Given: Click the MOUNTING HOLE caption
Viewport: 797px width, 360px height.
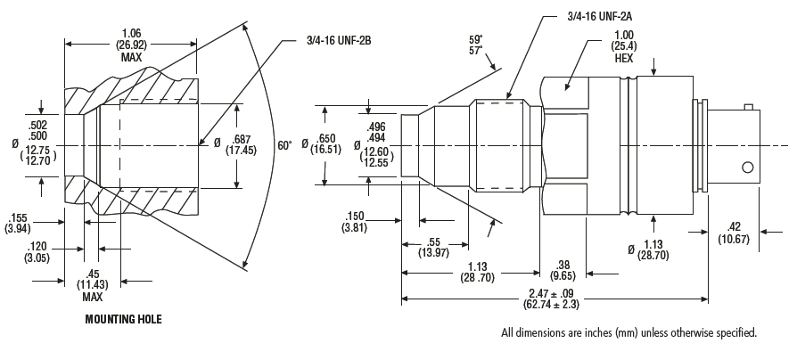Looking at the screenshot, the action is [x=124, y=319].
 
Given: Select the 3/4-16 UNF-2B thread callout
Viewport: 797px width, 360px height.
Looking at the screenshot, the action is [x=339, y=40].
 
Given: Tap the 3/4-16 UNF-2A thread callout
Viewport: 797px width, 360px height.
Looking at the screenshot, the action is [x=600, y=16].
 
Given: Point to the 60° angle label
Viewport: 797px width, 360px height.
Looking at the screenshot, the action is [x=284, y=146].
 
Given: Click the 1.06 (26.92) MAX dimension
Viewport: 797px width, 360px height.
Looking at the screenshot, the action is [x=131, y=45].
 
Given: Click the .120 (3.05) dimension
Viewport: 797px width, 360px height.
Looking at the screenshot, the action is [x=37, y=252].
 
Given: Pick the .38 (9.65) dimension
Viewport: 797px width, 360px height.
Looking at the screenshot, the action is [x=563, y=270].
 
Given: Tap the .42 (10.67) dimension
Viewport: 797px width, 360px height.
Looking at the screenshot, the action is [x=734, y=233].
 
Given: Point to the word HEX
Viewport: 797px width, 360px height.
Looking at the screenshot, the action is [x=624, y=59].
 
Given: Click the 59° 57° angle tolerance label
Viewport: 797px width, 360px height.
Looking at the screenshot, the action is [x=476, y=45].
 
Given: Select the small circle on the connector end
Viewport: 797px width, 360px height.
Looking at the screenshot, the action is [x=747, y=167].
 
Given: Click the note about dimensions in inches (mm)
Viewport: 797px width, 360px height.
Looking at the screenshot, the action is [x=629, y=333].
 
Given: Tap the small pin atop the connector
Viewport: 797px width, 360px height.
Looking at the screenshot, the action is [x=747, y=107].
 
